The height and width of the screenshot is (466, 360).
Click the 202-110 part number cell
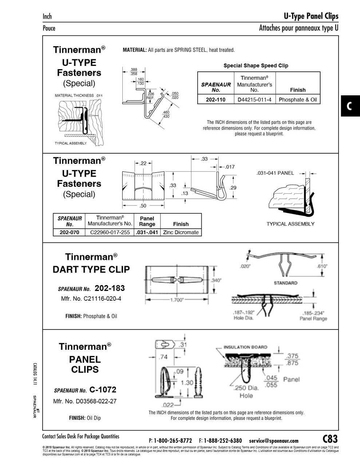click(215, 100)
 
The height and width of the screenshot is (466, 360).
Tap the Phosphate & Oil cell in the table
click(298, 100)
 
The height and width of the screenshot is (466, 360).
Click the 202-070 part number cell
click(69, 232)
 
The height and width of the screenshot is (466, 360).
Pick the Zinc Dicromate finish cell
click(181, 232)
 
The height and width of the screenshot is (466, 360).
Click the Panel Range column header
click(147, 221)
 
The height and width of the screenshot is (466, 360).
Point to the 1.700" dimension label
click(177, 300)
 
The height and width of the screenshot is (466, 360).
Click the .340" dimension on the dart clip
click(216, 280)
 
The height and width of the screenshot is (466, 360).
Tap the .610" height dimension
click(322, 266)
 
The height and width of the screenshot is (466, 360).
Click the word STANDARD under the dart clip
click(285, 283)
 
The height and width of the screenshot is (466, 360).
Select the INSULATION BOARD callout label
click(245, 347)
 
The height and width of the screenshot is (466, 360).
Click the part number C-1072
click(103, 390)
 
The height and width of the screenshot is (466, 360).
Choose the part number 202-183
click(110, 288)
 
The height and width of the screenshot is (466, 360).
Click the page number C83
click(330, 438)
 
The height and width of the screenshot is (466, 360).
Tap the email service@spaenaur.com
click(274, 441)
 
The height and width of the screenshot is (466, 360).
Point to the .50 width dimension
click(143, 206)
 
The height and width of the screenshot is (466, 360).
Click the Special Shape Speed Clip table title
click(256, 66)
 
